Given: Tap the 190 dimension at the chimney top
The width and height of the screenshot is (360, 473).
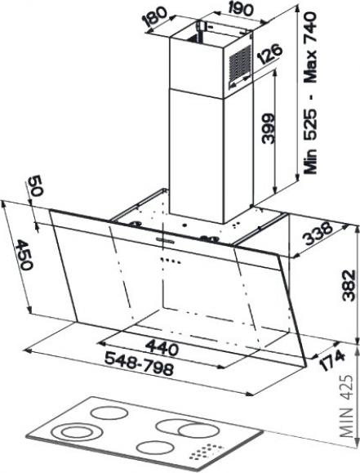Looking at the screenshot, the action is point(240,9).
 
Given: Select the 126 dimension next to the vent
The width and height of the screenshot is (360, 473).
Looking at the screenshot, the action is point(270,54).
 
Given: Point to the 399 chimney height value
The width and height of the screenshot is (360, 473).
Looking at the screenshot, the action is point(267,128).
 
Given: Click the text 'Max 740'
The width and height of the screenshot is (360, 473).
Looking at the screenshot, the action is point(310,47).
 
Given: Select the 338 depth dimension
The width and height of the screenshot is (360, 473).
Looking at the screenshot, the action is point(318,234).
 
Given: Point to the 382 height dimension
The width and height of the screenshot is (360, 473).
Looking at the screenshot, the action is point(349,285).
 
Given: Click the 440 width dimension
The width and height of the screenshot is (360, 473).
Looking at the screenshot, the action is point(162,347).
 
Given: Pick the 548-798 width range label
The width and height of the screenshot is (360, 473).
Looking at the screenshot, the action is point(139,364).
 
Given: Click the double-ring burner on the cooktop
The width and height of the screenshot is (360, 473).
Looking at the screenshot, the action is point(76,432).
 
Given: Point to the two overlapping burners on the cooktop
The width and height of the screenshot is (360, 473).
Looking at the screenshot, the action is point(184,428).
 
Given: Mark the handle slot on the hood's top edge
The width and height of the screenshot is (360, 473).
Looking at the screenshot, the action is point(165,240).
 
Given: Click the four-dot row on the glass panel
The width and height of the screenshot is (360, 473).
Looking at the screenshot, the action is point(171,260).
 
